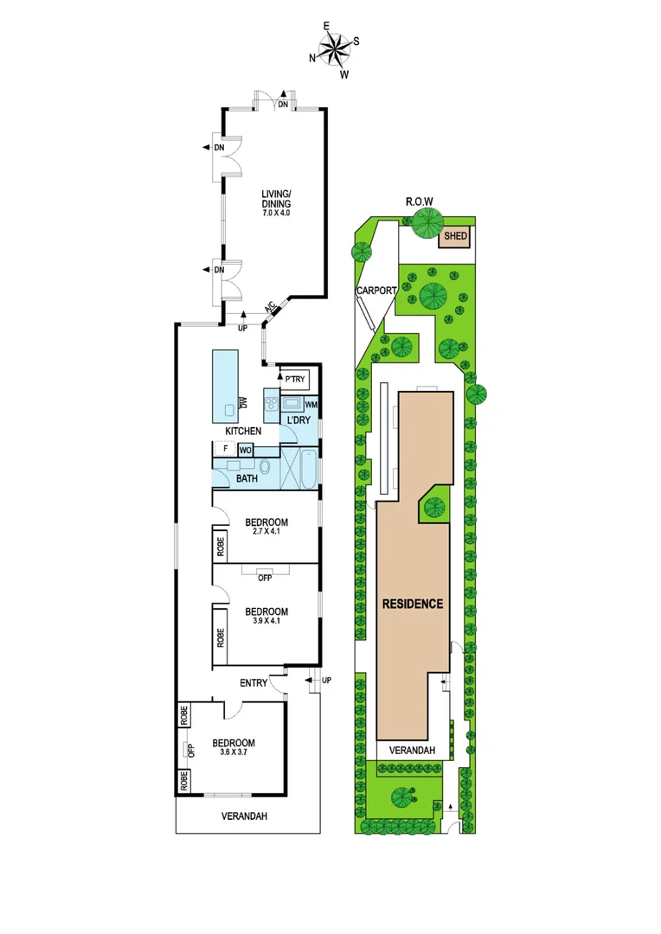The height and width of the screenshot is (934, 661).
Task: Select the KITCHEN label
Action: (243, 431)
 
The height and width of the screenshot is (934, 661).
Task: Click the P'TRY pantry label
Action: (296, 379)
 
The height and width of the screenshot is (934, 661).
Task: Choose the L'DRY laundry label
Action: (299, 419)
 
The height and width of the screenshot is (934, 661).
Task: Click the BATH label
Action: (247, 477)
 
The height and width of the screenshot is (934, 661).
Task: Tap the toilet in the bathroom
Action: (265, 467)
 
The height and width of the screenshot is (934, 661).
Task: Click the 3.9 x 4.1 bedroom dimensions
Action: (266, 621)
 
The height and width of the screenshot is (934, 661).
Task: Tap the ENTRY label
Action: (253, 683)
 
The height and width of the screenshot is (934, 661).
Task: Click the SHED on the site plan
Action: (455, 235)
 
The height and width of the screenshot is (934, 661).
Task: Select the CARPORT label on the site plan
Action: (376, 291)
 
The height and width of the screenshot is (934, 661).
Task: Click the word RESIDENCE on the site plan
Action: (413, 604)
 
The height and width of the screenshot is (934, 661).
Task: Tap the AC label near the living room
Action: (270, 308)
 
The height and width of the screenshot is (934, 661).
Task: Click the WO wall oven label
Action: (245, 450)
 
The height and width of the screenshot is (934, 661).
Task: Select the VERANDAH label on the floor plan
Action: (244, 816)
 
